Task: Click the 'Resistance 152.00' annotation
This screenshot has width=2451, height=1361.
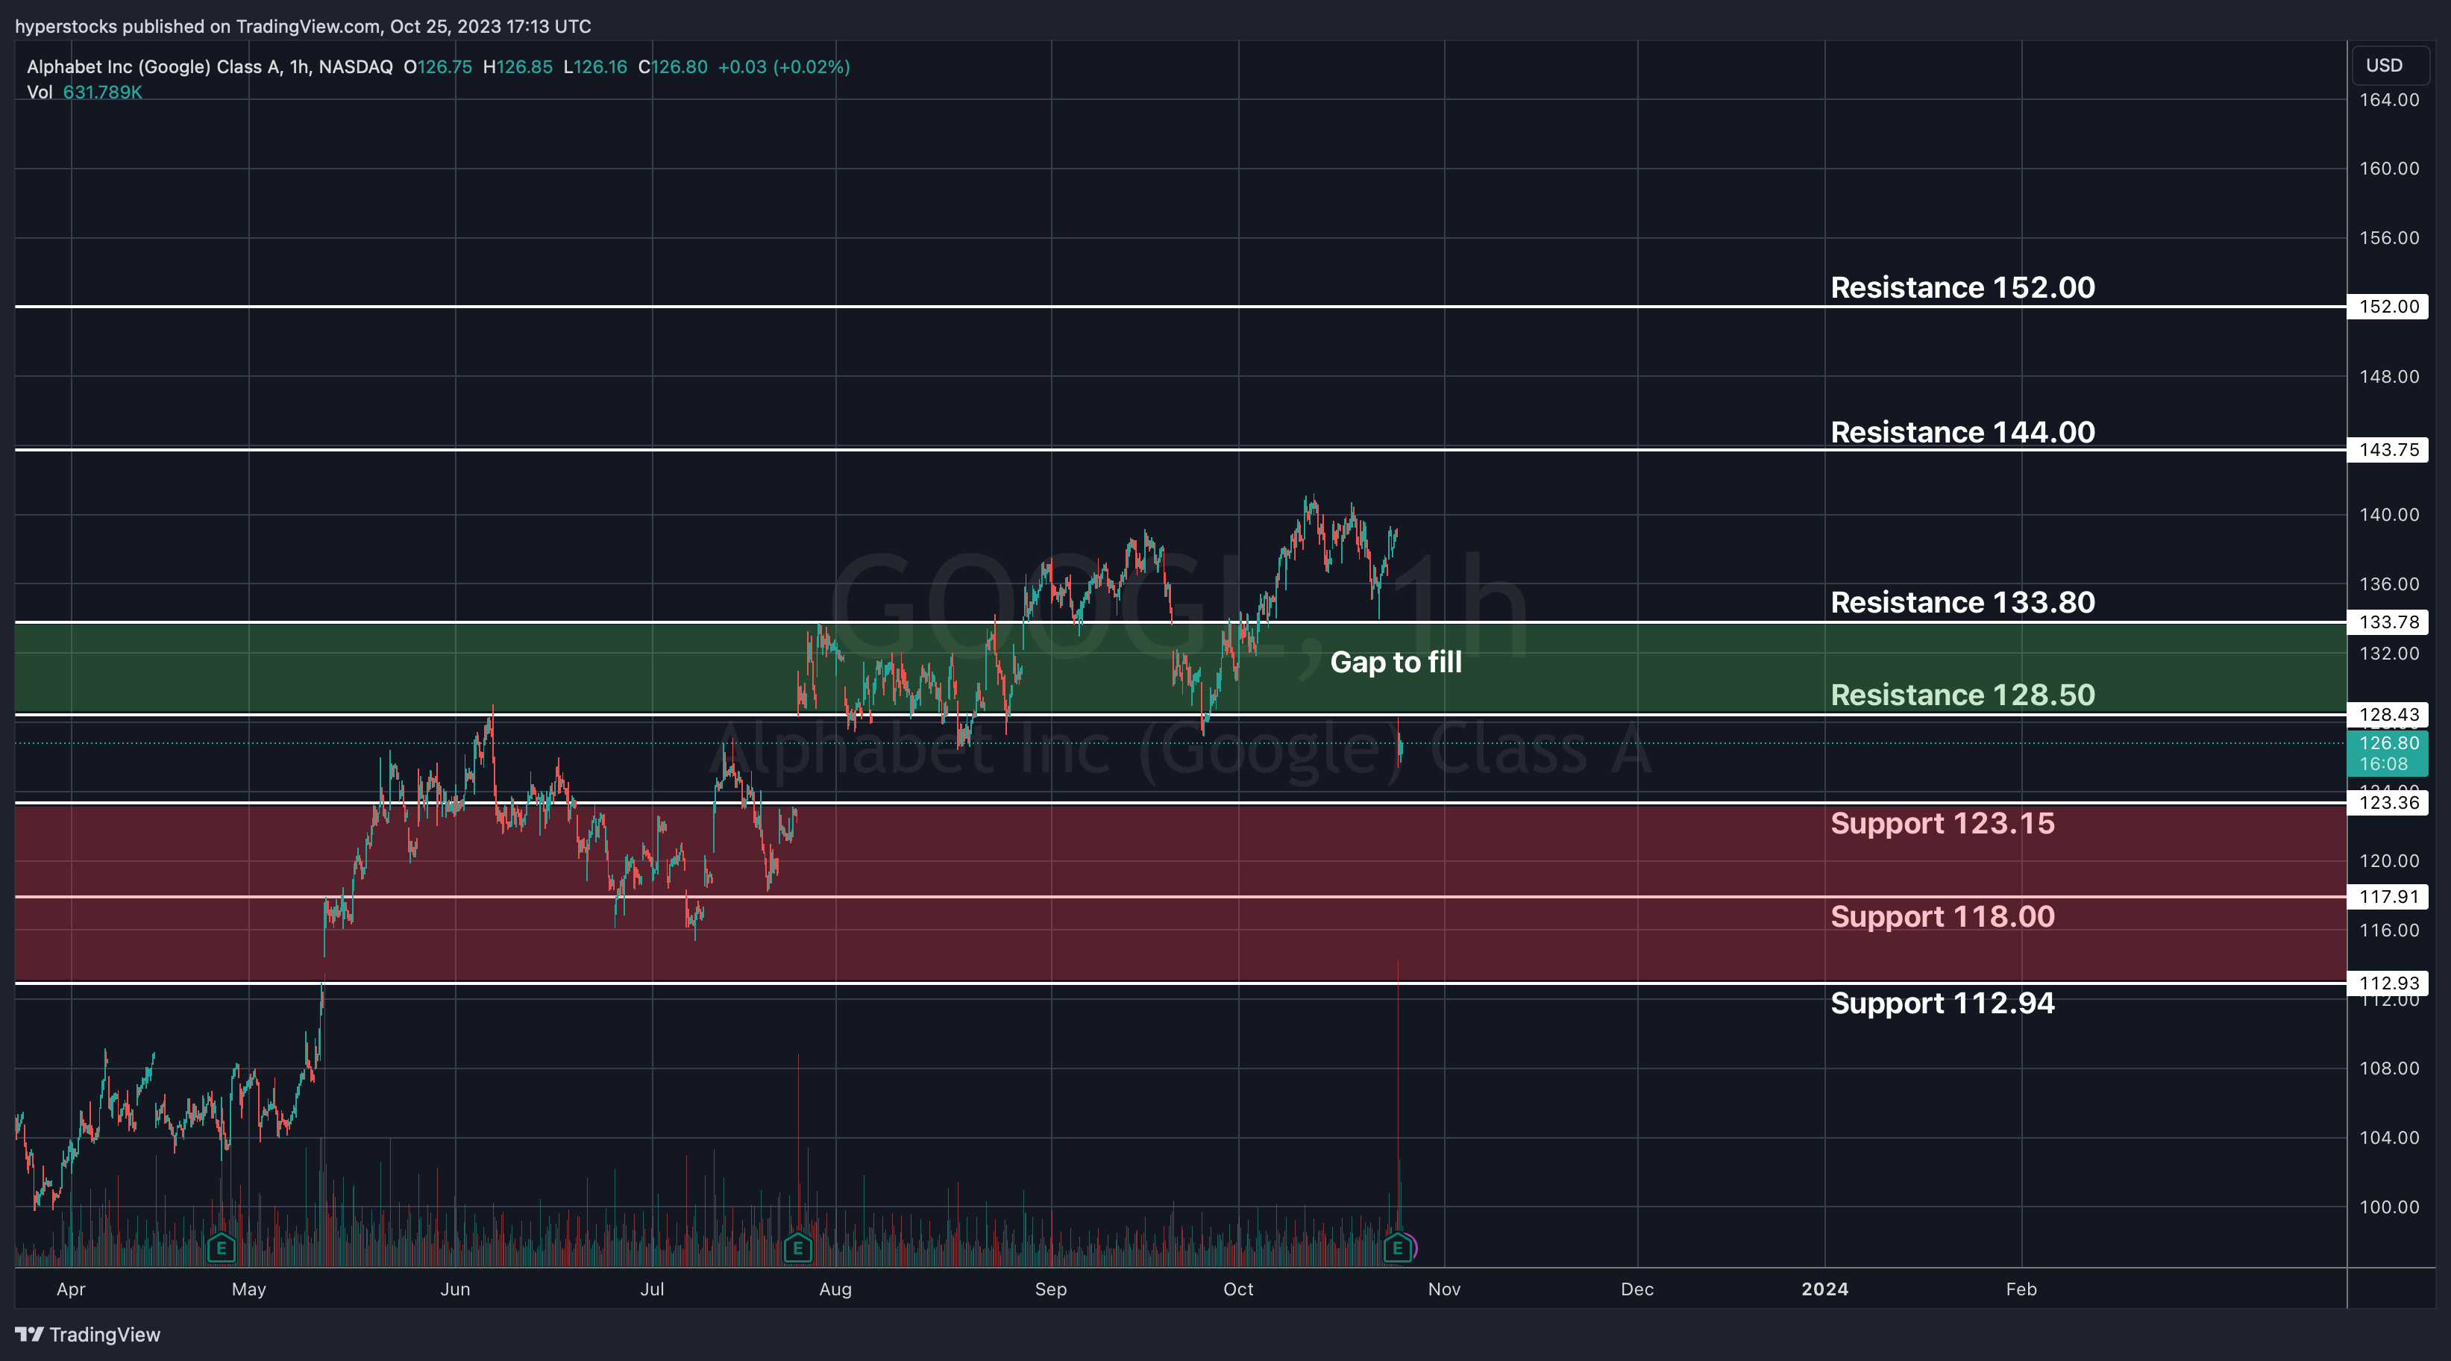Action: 1962,287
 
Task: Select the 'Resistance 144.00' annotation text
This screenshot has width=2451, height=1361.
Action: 1962,432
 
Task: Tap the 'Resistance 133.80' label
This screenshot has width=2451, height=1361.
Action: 1962,602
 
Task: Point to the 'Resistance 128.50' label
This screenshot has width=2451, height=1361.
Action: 1962,695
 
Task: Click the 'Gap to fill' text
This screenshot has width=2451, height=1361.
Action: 1395,663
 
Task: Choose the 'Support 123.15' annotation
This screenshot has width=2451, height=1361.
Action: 1942,823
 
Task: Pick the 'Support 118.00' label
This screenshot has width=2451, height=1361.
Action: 1942,916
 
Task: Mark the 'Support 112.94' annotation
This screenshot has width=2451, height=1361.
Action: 1942,1003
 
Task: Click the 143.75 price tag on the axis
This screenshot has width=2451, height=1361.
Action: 2388,450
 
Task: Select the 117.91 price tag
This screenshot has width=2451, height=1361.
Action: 2388,897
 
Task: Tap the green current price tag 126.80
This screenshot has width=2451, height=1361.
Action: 2388,753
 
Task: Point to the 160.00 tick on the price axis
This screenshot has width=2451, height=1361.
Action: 2388,169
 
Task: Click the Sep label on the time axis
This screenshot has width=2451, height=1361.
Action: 1050,1289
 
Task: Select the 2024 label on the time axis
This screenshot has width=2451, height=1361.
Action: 1824,1289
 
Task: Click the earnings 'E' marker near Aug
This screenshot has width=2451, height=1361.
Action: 797,1248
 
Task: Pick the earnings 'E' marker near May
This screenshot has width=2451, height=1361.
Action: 221,1248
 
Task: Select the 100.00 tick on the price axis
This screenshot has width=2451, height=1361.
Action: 2388,1207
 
